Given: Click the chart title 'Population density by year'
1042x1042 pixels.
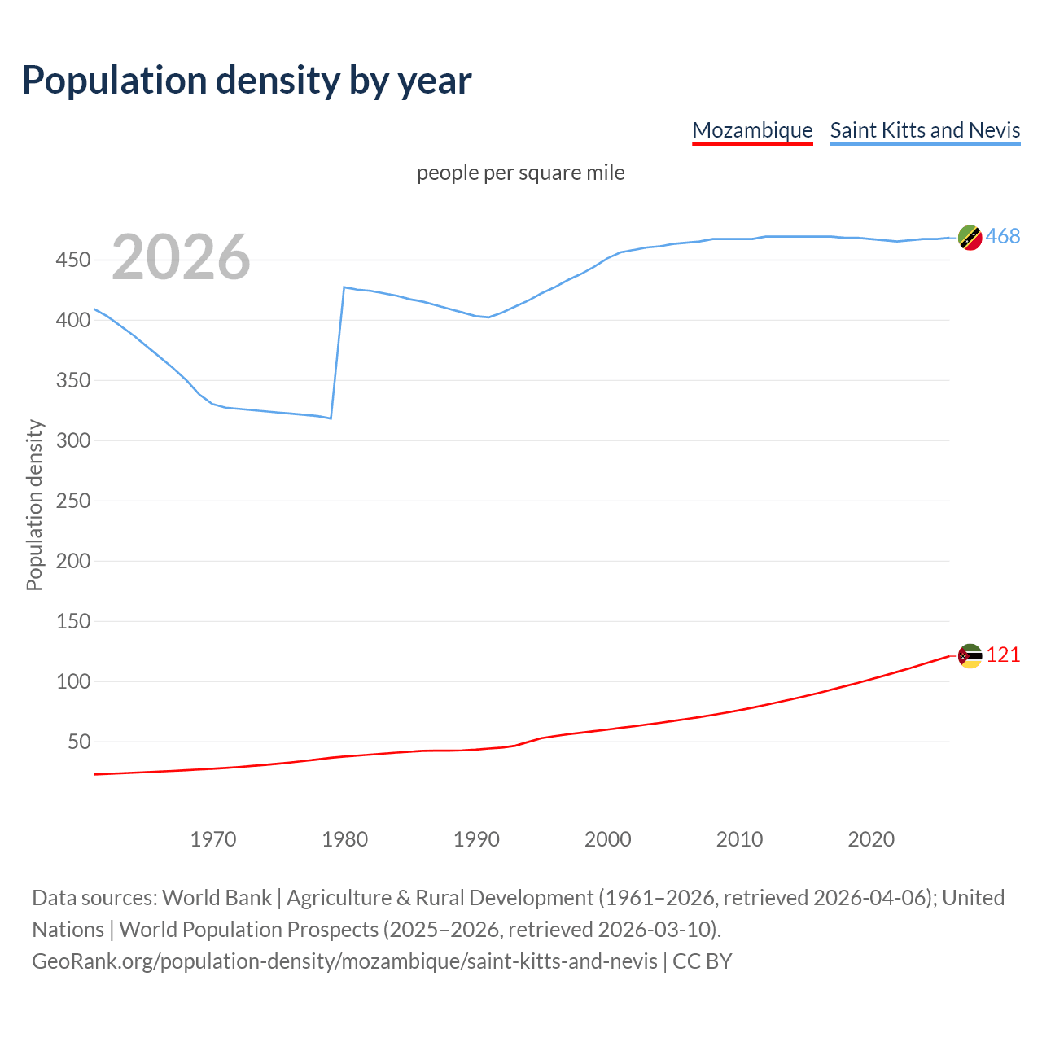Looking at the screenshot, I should (247, 80).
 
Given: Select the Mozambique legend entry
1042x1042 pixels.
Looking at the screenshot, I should (752, 130).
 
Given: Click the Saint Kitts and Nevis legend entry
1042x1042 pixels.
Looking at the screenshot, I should (925, 130).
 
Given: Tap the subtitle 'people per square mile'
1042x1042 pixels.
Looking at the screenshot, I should (520, 173).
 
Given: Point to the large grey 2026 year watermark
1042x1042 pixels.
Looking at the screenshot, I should (181, 257).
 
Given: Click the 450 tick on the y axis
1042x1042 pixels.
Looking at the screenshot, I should (72, 260).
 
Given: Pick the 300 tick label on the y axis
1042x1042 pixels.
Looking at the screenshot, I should (72, 440).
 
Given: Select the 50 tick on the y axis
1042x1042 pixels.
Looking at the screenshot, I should (79, 742).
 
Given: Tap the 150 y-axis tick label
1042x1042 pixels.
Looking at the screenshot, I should (72, 621).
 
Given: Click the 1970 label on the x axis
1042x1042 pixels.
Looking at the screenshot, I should (213, 839).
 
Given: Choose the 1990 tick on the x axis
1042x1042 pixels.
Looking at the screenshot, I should (476, 839).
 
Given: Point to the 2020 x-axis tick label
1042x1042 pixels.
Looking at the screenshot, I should (871, 839).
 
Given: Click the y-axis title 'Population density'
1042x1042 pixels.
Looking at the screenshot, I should (34, 505).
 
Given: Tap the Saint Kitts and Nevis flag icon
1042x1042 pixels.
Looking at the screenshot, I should (970, 238).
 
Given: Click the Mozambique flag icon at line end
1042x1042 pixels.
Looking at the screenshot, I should (970, 655).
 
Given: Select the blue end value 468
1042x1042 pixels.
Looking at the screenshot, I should (1003, 237).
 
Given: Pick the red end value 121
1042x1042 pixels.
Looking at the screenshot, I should (1003, 655).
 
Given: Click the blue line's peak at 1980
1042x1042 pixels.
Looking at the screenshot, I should (344, 287).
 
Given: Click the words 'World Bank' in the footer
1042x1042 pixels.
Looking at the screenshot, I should (217, 898).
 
